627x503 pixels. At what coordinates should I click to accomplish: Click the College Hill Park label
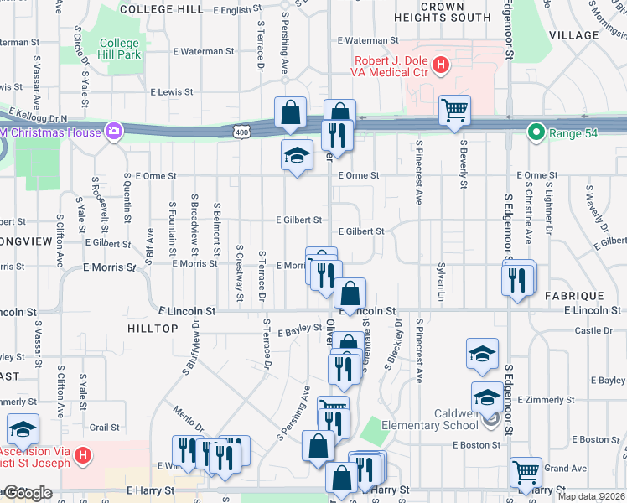119,49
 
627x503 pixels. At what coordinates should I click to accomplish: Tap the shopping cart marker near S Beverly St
454,110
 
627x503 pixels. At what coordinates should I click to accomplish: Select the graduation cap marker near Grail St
23,430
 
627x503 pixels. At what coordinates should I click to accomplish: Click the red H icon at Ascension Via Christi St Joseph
82,456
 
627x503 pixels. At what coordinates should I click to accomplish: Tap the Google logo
27,494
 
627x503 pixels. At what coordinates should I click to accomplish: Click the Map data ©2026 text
591,496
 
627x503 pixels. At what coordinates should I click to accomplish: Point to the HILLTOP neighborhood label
153,329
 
